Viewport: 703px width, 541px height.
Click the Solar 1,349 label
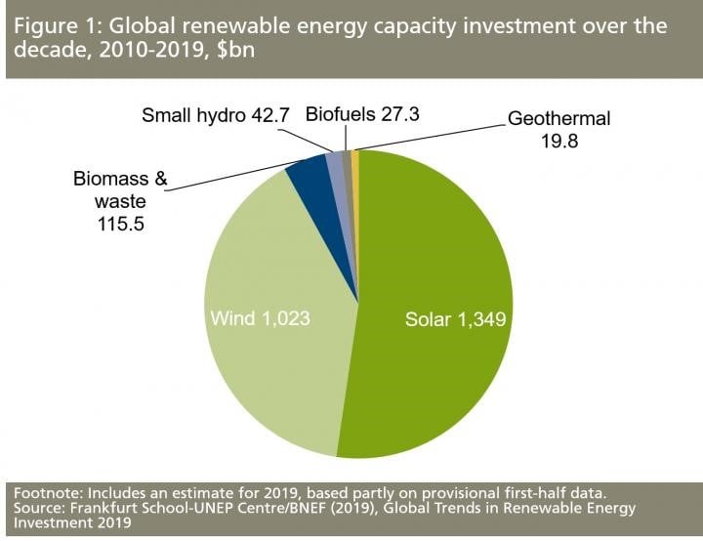(x=456, y=319)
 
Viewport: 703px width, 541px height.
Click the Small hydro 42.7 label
(x=216, y=115)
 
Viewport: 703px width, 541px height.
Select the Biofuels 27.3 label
(x=362, y=114)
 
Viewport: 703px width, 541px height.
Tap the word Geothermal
(x=558, y=119)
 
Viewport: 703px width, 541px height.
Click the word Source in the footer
(x=34, y=508)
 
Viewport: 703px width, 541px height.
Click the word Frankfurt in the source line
(x=101, y=508)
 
